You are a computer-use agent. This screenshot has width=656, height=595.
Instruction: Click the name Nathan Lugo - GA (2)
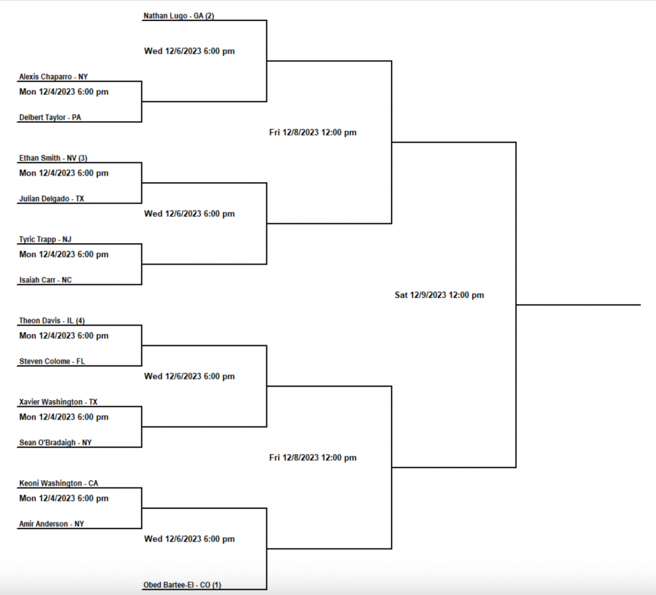point(178,15)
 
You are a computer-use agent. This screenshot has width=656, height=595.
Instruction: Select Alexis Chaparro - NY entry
point(53,76)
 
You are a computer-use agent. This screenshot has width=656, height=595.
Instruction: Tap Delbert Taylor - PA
point(50,117)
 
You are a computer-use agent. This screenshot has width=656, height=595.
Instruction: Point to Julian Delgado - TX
point(51,199)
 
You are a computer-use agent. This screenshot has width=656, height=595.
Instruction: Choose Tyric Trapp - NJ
point(45,239)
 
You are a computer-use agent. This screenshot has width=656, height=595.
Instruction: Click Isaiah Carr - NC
point(45,280)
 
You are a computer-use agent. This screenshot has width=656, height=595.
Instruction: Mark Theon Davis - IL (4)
point(51,321)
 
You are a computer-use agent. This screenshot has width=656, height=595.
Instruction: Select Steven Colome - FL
point(51,362)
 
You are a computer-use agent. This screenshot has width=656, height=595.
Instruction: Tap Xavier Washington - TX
point(58,402)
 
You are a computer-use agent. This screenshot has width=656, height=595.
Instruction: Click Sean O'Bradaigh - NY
point(56,443)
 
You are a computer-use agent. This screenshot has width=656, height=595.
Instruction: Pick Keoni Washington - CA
point(59,483)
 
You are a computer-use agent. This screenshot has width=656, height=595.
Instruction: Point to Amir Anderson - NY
point(51,524)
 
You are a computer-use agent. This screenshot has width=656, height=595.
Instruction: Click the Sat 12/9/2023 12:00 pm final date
point(439,296)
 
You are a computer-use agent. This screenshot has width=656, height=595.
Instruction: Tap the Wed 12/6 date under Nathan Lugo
point(189,51)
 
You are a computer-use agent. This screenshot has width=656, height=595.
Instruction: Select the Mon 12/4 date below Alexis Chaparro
point(63,92)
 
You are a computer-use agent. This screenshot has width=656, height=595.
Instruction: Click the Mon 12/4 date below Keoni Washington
point(63,498)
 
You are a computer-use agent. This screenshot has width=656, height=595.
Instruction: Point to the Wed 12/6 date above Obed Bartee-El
point(189,539)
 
